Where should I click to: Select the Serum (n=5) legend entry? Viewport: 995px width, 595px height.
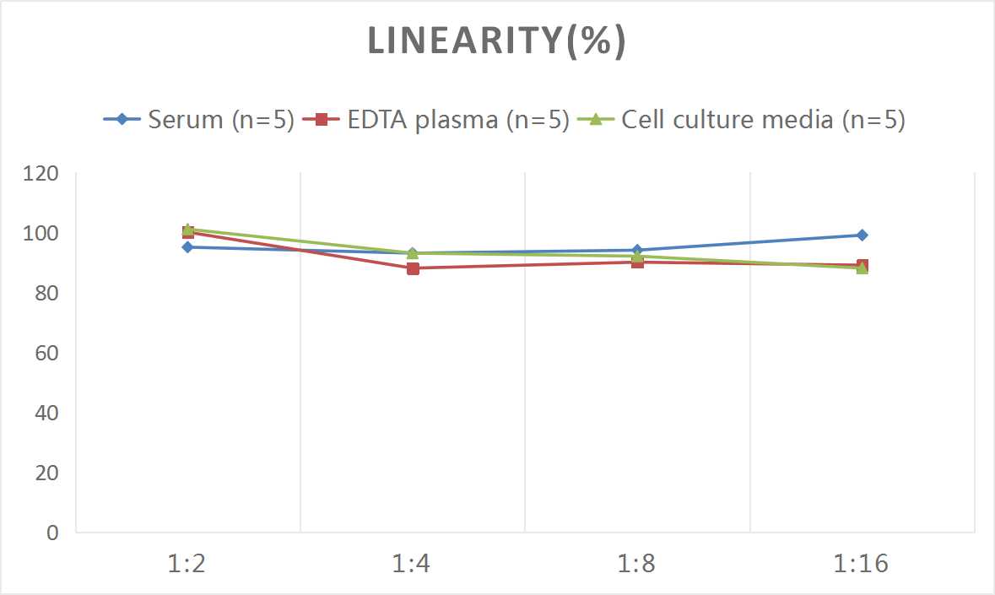point(199,120)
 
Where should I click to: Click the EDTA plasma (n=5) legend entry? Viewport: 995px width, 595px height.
point(438,120)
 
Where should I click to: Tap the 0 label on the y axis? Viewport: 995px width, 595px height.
point(53,533)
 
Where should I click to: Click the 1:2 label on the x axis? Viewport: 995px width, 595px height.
point(187,563)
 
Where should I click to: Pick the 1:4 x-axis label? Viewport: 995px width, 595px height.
point(413,563)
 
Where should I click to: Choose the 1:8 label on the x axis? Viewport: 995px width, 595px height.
point(637,563)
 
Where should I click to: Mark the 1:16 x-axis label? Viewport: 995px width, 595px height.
point(862,563)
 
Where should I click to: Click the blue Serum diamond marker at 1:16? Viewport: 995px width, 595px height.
point(862,235)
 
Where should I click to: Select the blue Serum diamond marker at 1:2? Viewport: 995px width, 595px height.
point(187,247)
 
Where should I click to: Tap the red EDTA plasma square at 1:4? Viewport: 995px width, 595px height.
point(413,268)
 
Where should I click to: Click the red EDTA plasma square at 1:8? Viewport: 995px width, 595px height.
point(637,262)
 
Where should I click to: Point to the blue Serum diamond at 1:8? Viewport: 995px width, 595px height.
point(637,250)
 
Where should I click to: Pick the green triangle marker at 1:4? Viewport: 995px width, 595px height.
point(413,253)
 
